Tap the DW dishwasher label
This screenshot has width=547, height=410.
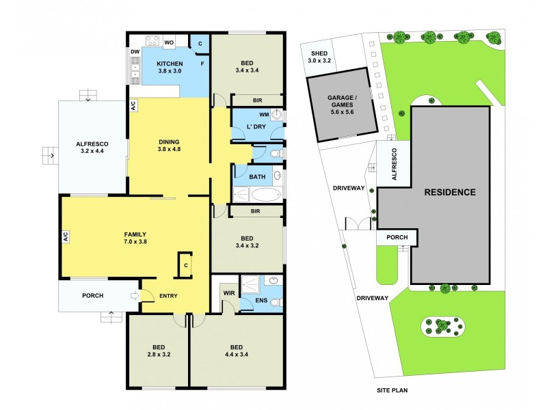[x=135, y=52]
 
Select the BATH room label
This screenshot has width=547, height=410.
[x=257, y=177]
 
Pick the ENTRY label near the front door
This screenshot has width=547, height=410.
[x=169, y=296]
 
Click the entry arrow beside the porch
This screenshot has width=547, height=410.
[x=134, y=296]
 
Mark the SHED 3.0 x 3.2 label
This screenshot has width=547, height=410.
[x=319, y=57]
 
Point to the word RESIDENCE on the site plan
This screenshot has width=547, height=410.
[x=450, y=192]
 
